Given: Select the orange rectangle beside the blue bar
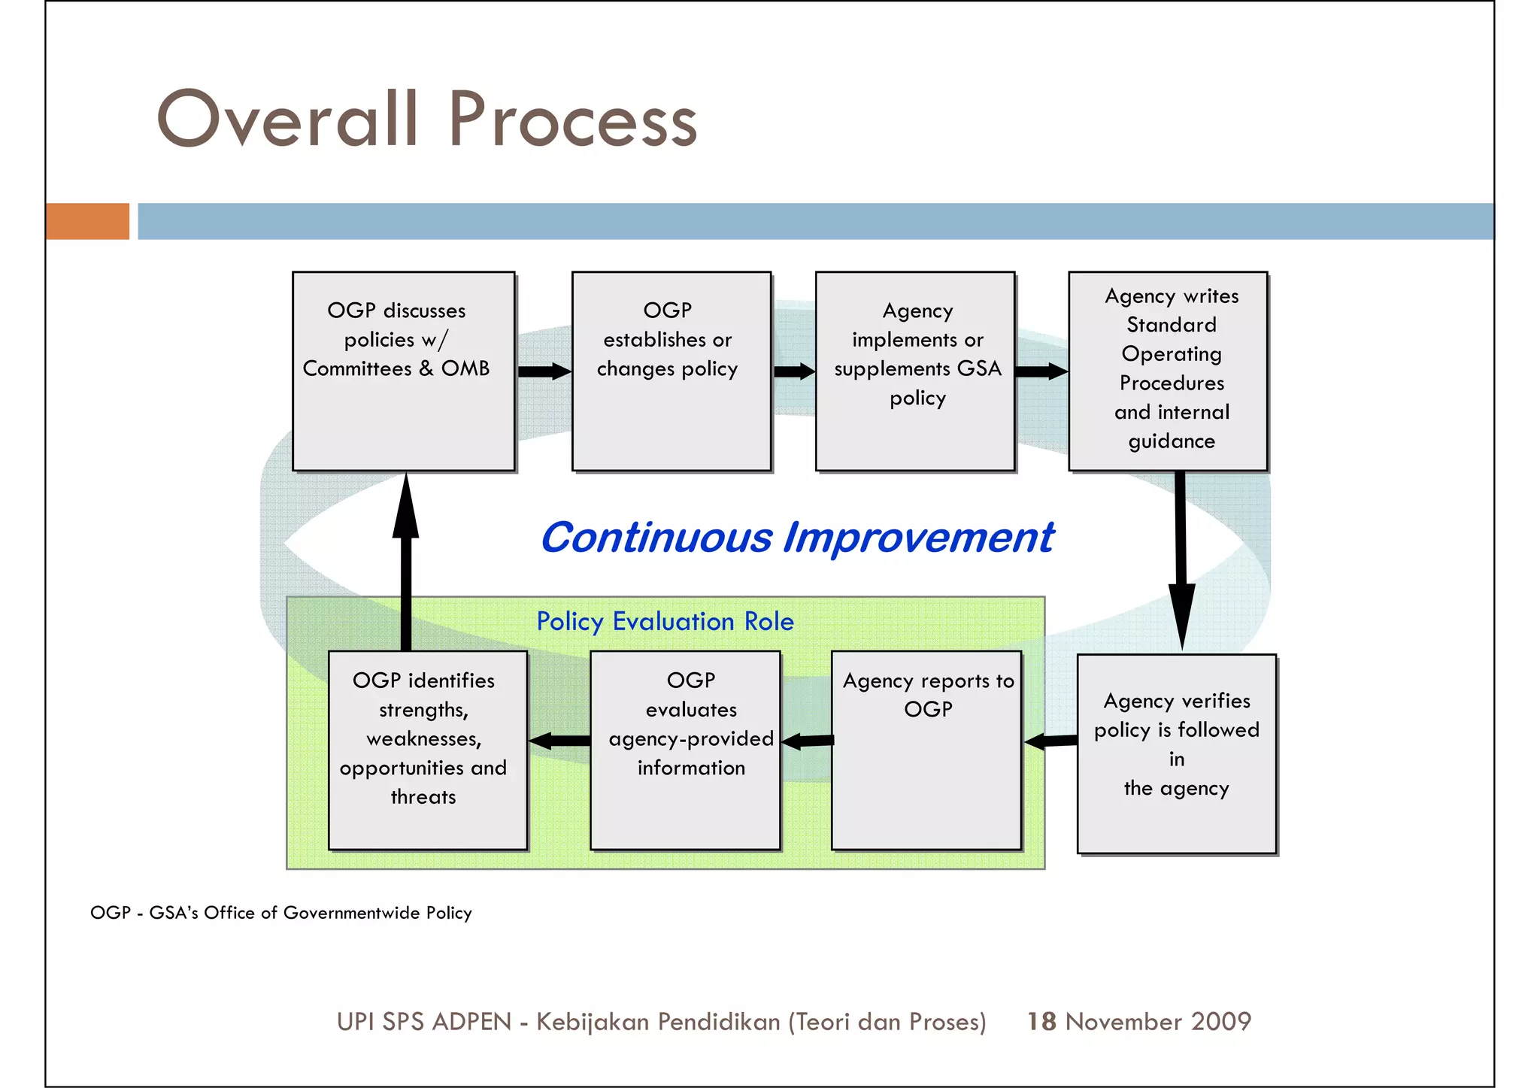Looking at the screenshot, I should [x=87, y=221].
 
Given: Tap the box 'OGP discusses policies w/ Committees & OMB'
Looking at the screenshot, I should [x=403, y=371].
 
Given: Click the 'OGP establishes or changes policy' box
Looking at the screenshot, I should [x=671, y=371].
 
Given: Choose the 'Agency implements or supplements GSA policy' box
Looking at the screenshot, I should [x=914, y=371].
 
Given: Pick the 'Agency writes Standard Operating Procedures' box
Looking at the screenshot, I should [x=1168, y=371].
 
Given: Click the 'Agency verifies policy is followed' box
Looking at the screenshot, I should [x=1176, y=753].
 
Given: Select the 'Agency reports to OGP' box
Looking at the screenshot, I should [x=926, y=750].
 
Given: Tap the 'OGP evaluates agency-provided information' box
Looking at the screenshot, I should [x=685, y=750].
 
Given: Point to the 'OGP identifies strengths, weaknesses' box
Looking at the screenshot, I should [x=427, y=750].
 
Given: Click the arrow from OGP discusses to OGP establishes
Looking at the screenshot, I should [x=544, y=371].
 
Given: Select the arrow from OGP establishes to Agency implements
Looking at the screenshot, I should [x=794, y=371].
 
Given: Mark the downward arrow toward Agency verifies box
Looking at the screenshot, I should [x=1181, y=560].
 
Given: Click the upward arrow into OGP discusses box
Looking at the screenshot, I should [x=406, y=560].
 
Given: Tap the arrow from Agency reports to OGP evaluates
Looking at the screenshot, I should [x=807, y=741].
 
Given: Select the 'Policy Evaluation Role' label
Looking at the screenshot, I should [x=665, y=622].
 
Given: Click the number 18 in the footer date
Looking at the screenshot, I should [x=1041, y=1021].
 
